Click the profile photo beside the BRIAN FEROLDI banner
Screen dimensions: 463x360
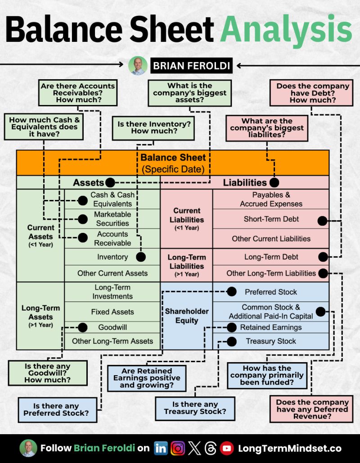pos(138,66)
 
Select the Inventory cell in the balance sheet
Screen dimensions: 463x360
pos(112,257)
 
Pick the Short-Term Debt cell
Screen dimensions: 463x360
pos(271,219)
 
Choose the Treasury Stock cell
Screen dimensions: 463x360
pos(271,341)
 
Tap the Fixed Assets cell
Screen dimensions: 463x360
pos(112,312)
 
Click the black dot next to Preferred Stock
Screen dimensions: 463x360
pos(231,292)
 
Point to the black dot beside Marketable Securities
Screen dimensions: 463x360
pos(82,219)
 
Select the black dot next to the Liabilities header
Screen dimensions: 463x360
pos(274,182)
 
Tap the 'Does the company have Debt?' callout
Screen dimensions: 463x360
pos(312,93)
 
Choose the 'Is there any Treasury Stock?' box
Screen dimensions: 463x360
pos(195,408)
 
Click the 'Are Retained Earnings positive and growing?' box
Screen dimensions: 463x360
pos(147,378)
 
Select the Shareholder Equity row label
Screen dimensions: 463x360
pos(187,316)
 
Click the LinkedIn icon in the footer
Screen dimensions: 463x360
pos(161,448)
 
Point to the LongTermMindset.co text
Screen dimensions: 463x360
pos(289,448)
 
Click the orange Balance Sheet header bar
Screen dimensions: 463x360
pos(173,163)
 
